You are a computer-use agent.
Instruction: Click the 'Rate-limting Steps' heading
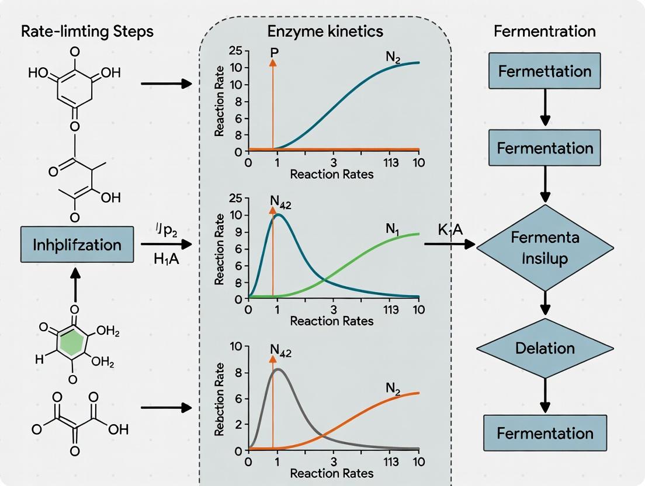pyautogui.click(x=87, y=31)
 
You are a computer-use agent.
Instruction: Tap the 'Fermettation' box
pyautogui.click(x=545, y=71)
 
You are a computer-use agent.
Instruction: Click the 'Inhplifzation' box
pyautogui.click(x=77, y=244)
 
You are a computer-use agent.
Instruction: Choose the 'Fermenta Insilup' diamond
pyautogui.click(x=545, y=248)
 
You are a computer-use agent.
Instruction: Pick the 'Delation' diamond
pyautogui.click(x=545, y=349)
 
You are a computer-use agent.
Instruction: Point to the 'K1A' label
pyautogui.click(x=450, y=230)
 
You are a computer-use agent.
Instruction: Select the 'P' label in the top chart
pyautogui.click(x=273, y=52)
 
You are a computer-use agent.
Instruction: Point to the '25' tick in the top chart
pyautogui.click(x=235, y=50)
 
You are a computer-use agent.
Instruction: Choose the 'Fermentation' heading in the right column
pyautogui.click(x=545, y=31)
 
